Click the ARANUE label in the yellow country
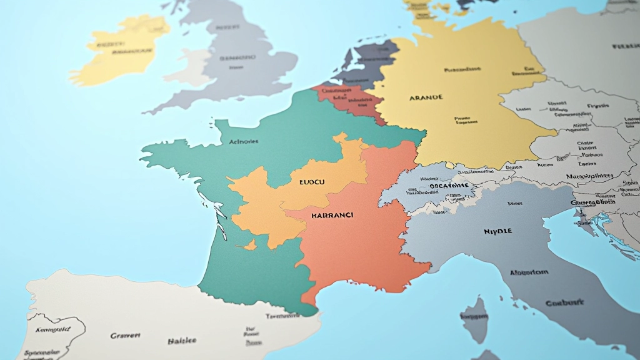click(426, 97)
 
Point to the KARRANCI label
click(332, 215)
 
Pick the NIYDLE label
click(497, 231)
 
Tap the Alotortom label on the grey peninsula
click(529, 272)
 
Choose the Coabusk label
click(564, 303)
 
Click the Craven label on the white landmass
click(125, 336)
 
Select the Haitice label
click(182, 341)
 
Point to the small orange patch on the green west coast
click(251, 246)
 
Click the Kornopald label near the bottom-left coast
click(53, 329)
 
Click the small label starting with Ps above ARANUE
click(462, 70)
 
